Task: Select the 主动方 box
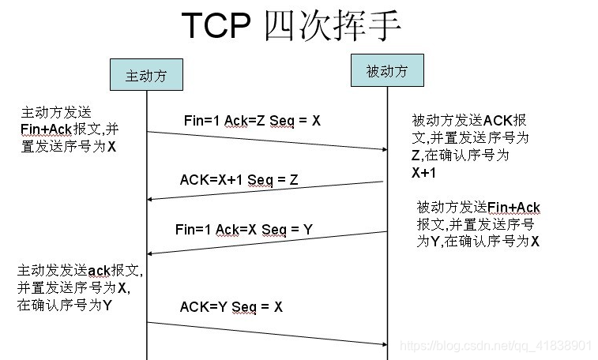148,76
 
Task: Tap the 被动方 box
387,70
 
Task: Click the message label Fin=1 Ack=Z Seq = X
252,120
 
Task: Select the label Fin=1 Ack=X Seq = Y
244,230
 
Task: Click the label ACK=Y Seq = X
231,306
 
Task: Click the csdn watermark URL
495,346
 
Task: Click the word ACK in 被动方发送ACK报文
498,121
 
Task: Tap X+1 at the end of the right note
425,171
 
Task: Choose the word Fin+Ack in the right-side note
514,208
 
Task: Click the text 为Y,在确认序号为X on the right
478,242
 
